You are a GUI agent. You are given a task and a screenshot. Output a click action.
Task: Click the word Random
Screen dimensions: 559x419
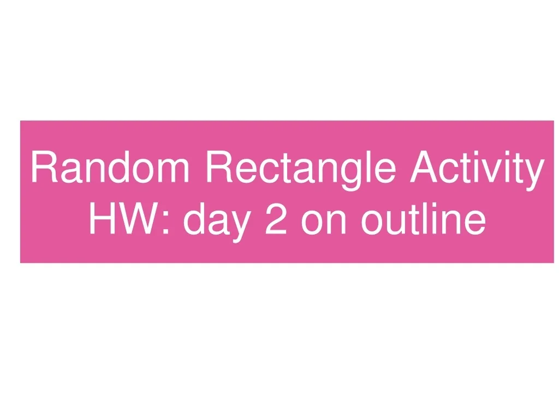click(110, 167)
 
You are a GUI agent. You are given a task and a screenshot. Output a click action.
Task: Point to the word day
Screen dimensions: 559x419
click(217, 222)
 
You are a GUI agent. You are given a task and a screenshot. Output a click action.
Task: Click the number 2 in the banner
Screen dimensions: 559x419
click(276, 218)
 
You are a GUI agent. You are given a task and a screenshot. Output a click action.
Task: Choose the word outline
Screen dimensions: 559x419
click(424, 218)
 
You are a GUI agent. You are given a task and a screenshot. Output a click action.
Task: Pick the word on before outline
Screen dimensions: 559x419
click(324, 223)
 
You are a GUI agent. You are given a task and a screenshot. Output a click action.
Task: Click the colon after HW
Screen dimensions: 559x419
click(165, 223)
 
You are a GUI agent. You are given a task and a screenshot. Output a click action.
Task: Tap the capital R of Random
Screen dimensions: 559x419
click(45, 167)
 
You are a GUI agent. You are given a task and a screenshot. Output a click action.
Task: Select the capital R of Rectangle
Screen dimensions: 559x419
click(220, 167)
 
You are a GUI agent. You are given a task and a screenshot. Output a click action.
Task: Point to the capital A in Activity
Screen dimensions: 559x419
click(424, 167)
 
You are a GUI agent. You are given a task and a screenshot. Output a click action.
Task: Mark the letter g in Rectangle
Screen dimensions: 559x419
click(352, 175)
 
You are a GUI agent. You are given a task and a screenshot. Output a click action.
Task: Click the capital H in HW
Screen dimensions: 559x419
click(102, 218)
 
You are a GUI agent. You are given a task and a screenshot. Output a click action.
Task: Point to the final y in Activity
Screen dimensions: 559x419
click(535, 175)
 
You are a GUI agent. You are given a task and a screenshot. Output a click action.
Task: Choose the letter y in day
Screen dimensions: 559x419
click(241, 226)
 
